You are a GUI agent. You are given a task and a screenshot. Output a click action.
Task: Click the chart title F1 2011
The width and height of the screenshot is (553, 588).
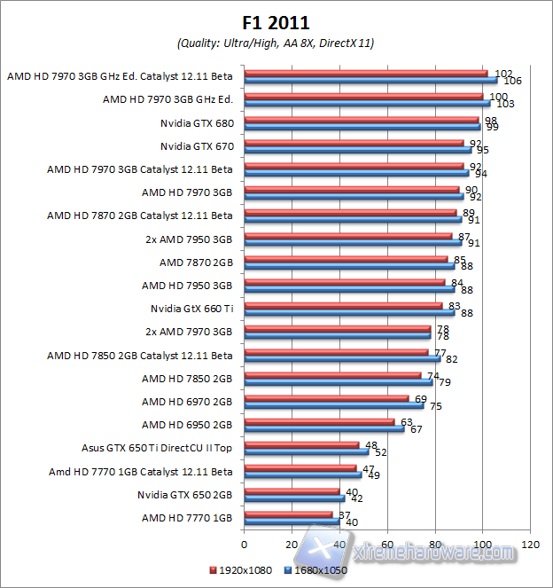pyautogui.click(x=276, y=21)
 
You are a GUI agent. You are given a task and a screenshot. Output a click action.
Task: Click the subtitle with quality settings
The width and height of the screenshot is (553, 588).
pyautogui.click(x=276, y=43)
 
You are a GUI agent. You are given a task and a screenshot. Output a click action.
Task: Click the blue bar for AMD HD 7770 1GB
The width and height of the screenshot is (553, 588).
pyautogui.click(x=292, y=521)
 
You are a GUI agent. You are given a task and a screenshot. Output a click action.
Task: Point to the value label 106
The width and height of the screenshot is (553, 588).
pyautogui.click(x=512, y=81)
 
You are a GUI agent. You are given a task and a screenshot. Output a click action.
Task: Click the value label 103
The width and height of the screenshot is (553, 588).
pyautogui.click(x=505, y=104)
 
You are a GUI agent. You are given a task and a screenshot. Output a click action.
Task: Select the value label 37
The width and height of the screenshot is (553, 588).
pyautogui.click(x=345, y=514)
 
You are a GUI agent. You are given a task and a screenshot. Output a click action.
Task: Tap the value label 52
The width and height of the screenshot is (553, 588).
pyautogui.click(x=381, y=452)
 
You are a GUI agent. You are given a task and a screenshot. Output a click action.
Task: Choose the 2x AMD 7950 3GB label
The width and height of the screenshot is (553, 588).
pyautogui.click(x=189, y=239)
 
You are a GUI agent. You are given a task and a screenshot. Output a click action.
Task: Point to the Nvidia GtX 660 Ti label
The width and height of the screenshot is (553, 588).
pyautogui.click(x=191, y=308)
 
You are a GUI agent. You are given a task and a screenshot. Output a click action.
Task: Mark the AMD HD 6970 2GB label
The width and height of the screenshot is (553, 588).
pyautogui.click(x=187, y=401)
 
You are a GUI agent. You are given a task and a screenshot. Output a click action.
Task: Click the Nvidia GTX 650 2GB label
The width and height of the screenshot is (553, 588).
pyautogui.click(x=184, y=494)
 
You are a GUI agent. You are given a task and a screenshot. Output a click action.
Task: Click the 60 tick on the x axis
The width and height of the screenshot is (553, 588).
pyautogui.click(x=387, y=543)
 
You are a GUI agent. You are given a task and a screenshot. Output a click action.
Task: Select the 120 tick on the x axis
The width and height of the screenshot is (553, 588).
pyautogui.click(x=531, y=543)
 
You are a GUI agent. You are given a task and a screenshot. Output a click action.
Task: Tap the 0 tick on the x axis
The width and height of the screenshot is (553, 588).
pyautogui.click(x=244, y=543)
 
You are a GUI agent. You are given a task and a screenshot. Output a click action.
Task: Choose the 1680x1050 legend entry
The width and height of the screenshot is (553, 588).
pyautogui.click(x=315, y=570)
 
